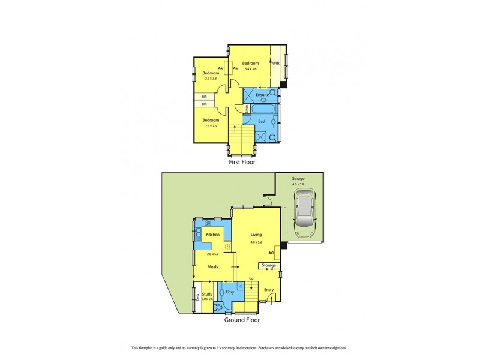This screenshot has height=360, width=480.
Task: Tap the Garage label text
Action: [x=298, y=178]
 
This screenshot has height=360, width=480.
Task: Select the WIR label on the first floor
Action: [x=276, y=63]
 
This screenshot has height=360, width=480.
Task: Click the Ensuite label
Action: [x=262, y=95]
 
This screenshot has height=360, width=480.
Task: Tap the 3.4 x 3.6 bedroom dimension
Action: [x=250, y=69]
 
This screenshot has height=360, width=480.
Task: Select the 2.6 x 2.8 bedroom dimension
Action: [x=211, y=78]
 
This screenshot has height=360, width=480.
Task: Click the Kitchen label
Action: [x=213, y=235]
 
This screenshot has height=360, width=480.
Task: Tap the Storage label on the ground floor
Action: [x=269, y=265]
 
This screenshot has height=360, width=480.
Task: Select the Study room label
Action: [x=207, y=294]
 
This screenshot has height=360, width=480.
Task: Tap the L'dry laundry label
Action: [x=230, y=292]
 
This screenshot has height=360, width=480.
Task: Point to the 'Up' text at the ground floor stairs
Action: [x=251, y=278]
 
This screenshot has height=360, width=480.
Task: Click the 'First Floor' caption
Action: [x=244, y=161]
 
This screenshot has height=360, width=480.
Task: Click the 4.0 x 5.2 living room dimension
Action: [x=257, y=242]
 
